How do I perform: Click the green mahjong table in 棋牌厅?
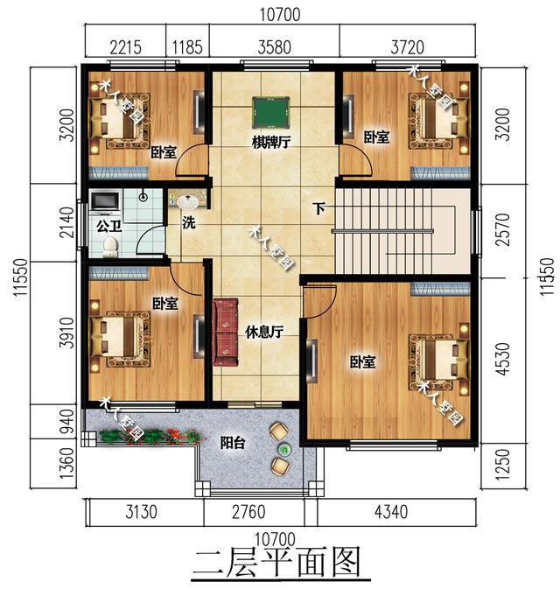(x=270, y=112)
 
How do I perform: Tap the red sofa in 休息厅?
(x=226, y=332)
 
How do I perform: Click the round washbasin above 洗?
(x=187, y=201)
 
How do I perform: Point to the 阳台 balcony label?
(x=233, y=443)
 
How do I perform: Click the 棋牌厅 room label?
(x=270, y=143)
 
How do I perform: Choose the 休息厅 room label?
(x=263, y=332)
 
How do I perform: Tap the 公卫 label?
(x=108, y=227)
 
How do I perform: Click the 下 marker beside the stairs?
(x=319, y=209)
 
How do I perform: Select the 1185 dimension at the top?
(x=187, y=48)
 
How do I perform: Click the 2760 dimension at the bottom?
(x=248, y=512)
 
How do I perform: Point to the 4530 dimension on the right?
(x=503, y=359)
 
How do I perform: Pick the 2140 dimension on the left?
(x=67, y=222)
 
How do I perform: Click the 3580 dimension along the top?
(x=275, y=48)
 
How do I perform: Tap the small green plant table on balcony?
(x=284, y=448)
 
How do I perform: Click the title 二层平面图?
(x=277, y=562)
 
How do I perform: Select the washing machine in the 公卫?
(x=105, y=200)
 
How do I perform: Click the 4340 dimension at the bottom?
(x=391, y=512)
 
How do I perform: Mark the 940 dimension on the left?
(x=67, y=422)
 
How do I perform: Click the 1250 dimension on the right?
(x=503, y=465)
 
